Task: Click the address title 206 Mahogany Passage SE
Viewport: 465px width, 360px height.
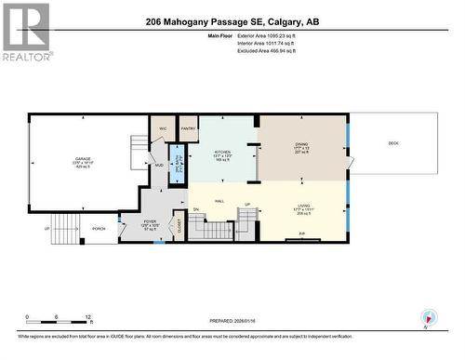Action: point(232,22)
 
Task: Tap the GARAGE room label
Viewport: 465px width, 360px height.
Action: point(83,159)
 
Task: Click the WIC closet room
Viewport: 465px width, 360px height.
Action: point(162,128)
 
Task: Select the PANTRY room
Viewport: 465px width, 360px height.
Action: point(188,128)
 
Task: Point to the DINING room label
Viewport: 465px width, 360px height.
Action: point(302,144)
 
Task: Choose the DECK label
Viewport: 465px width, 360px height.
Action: point(393,142)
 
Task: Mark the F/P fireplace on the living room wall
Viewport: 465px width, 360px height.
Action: point(302,235)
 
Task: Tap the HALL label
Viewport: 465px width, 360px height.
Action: point(219,200)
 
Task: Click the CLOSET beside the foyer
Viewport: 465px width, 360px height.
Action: point(179,222)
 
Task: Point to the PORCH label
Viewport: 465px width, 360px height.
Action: point(99,228)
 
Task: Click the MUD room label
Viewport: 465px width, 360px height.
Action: point(158,166)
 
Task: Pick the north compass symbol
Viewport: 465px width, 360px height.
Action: point(427,317)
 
